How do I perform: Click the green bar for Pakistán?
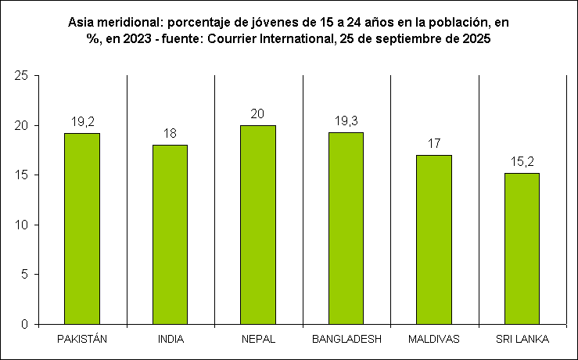(82, 229)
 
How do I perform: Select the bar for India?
(170, 234)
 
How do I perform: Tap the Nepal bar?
(258, 225)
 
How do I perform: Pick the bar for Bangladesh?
(346, 228)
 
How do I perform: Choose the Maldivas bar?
(434, 239)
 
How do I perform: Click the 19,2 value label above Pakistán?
(82, 122)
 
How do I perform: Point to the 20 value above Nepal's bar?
(258, 114)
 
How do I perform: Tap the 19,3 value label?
(346, 121)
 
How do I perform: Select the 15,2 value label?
(522, 162)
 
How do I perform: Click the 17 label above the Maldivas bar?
(434, 144)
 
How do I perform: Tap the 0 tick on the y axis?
(25, 324)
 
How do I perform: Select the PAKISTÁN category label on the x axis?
(82, 339)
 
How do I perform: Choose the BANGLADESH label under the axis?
(346, 339)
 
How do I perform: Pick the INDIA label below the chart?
(170, 339)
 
